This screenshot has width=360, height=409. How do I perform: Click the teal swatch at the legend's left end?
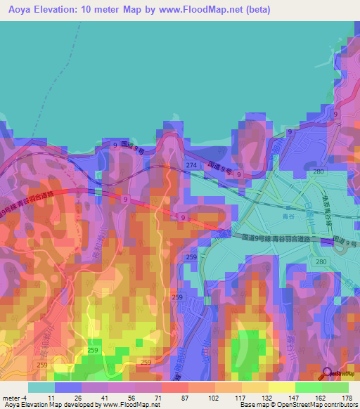(41, 387)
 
